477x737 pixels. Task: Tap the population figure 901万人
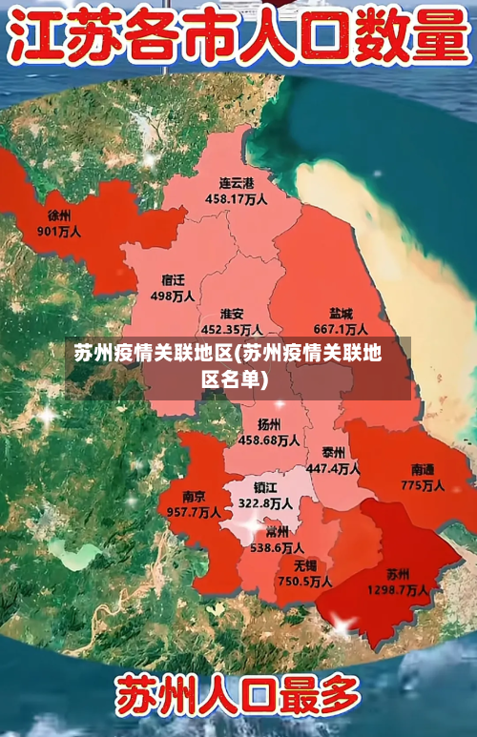tap(59, 231)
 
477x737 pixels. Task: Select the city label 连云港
tap(237, 183)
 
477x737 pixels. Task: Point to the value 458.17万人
tap(237, 199)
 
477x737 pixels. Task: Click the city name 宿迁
tap(173, 280)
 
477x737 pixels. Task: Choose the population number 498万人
tap(173, 296)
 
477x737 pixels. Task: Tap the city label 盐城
tap(341, 313)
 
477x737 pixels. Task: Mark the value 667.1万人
tap(341, 329)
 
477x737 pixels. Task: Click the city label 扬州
tap(269, 424)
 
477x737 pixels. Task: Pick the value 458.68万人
tap(269, 440)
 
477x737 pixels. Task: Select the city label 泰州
tap(333, 452)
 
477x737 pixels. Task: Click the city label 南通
tap(423, 469)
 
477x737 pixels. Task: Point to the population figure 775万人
tap(423, 485)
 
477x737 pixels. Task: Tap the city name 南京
tap(194, 497)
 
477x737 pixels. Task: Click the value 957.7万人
tap(194, 512)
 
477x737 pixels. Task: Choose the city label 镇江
tap(265, 486)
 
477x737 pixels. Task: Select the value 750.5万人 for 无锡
tap(304, 582)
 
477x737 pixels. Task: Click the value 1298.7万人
tap(398, 590)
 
